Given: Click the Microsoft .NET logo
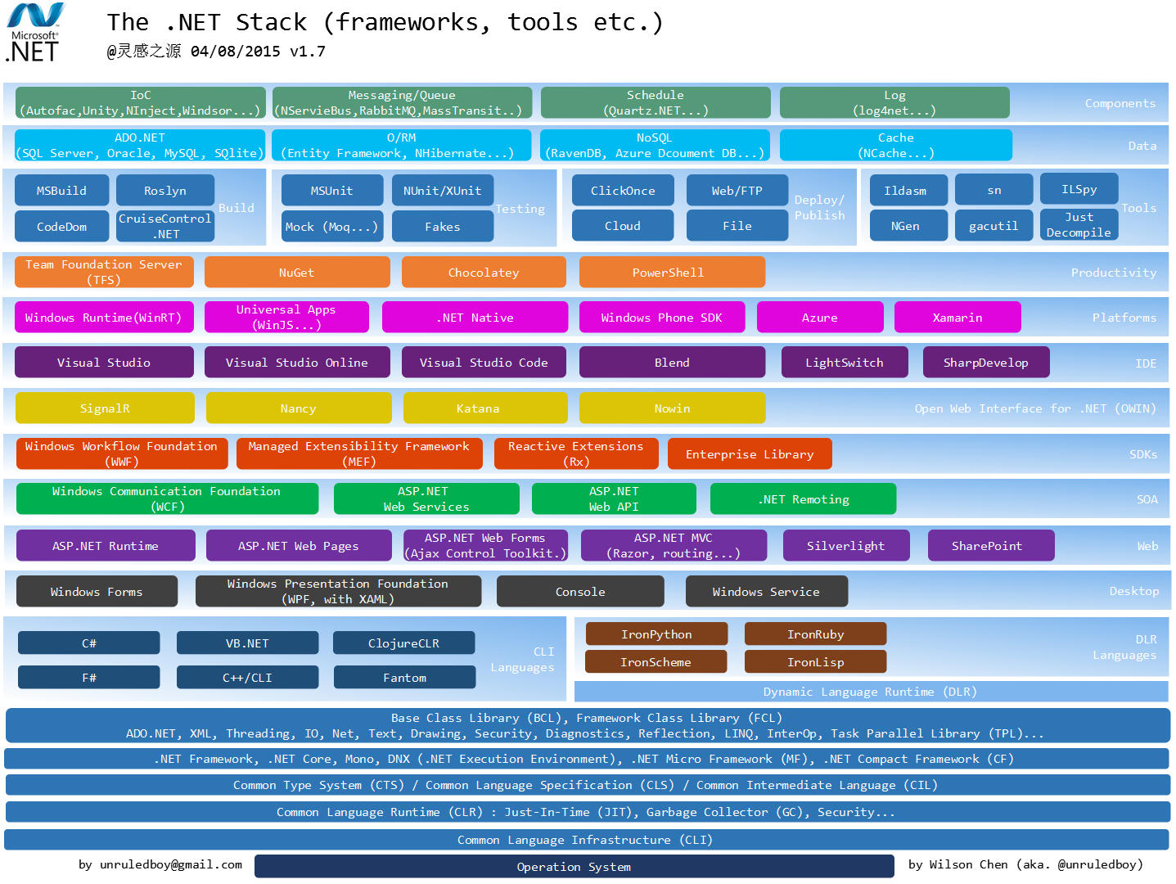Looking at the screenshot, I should (x=35, y=33).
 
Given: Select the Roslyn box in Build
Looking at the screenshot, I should (x=164, y=191).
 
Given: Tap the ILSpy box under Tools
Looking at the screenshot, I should (x=1079, y=189).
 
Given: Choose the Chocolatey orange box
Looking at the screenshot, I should (x=483, y=273).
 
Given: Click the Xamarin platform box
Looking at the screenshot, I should (x=957, y=318).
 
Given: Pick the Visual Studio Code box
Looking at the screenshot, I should (x=483, y=363).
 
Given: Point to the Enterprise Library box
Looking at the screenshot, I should (x=749, y=454).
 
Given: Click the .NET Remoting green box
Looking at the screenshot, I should (x=803, y=499).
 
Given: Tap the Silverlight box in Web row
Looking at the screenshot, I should (x=845, y=546).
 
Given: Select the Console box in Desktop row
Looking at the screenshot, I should (x=580, y=592).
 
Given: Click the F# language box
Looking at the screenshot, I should (x=88, y=678).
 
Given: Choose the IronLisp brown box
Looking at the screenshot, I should (x=815, y=662).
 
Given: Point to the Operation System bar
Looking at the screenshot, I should (x=574, y=867).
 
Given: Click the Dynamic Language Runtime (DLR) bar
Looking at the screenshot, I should (x=870, y=692).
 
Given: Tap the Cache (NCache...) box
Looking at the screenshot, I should (x=895, y=146).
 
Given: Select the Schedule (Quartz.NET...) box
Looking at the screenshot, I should (x=655, y=103).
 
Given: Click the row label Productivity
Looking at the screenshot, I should (x=1113, y=273).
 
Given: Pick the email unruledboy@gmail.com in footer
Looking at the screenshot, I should (x=160, y=864).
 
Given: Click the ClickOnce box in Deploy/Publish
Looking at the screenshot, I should (x=622, y=191).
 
